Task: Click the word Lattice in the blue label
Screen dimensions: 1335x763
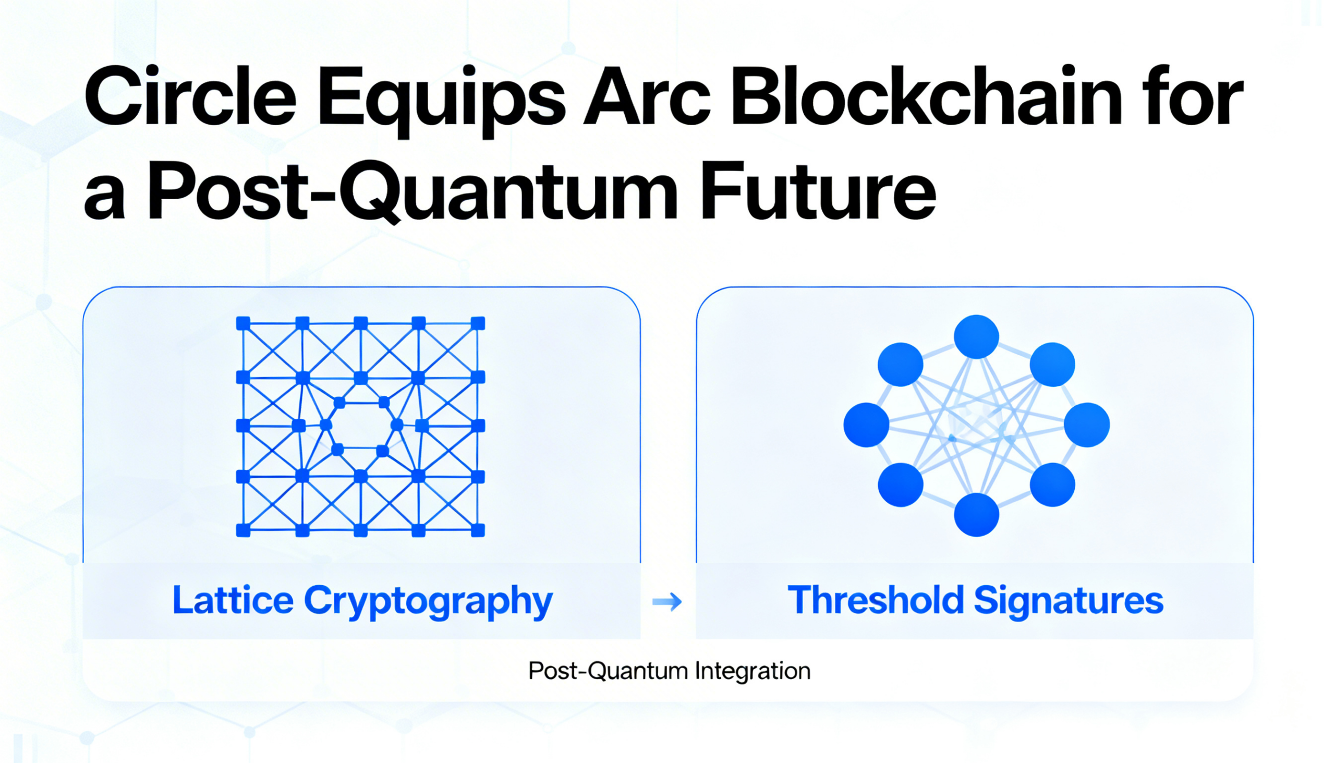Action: (233, 600)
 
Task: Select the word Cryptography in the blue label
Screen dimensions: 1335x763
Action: (428, 603)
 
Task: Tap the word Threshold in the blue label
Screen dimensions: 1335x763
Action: (876, 600)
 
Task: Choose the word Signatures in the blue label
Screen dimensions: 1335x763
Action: (1069, 603)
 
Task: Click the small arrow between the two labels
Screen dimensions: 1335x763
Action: (667, 602)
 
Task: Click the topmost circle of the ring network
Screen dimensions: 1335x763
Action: (976, 337)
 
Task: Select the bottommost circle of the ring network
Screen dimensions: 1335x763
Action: (976, 515)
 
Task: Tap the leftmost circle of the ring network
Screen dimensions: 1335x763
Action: (866, 425)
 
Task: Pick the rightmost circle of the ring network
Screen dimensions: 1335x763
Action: (1087, 425)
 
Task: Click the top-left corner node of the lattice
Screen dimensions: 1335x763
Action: (243, 323)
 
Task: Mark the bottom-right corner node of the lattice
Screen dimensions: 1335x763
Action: (478, 530)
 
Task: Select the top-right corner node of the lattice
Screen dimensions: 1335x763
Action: (478, 323)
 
